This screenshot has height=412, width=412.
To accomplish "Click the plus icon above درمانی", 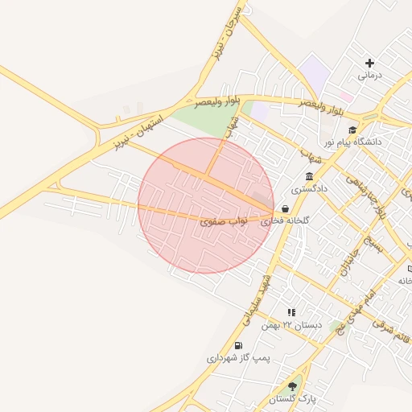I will click(370, 63).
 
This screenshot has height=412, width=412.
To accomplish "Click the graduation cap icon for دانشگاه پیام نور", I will click(352, 130).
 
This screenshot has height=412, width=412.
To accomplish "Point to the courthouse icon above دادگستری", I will click(309, 177).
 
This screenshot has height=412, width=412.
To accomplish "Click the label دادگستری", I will click(309, 189).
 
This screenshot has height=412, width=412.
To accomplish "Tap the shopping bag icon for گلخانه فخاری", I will click(286, 208).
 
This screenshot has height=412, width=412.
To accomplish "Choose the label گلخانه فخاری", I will click(305, 220).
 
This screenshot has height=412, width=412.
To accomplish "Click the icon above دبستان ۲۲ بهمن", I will click(291, 312).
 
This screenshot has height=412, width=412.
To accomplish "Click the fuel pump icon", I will click(238, 346).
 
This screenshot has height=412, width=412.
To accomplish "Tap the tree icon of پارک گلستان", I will click(292, 387).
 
